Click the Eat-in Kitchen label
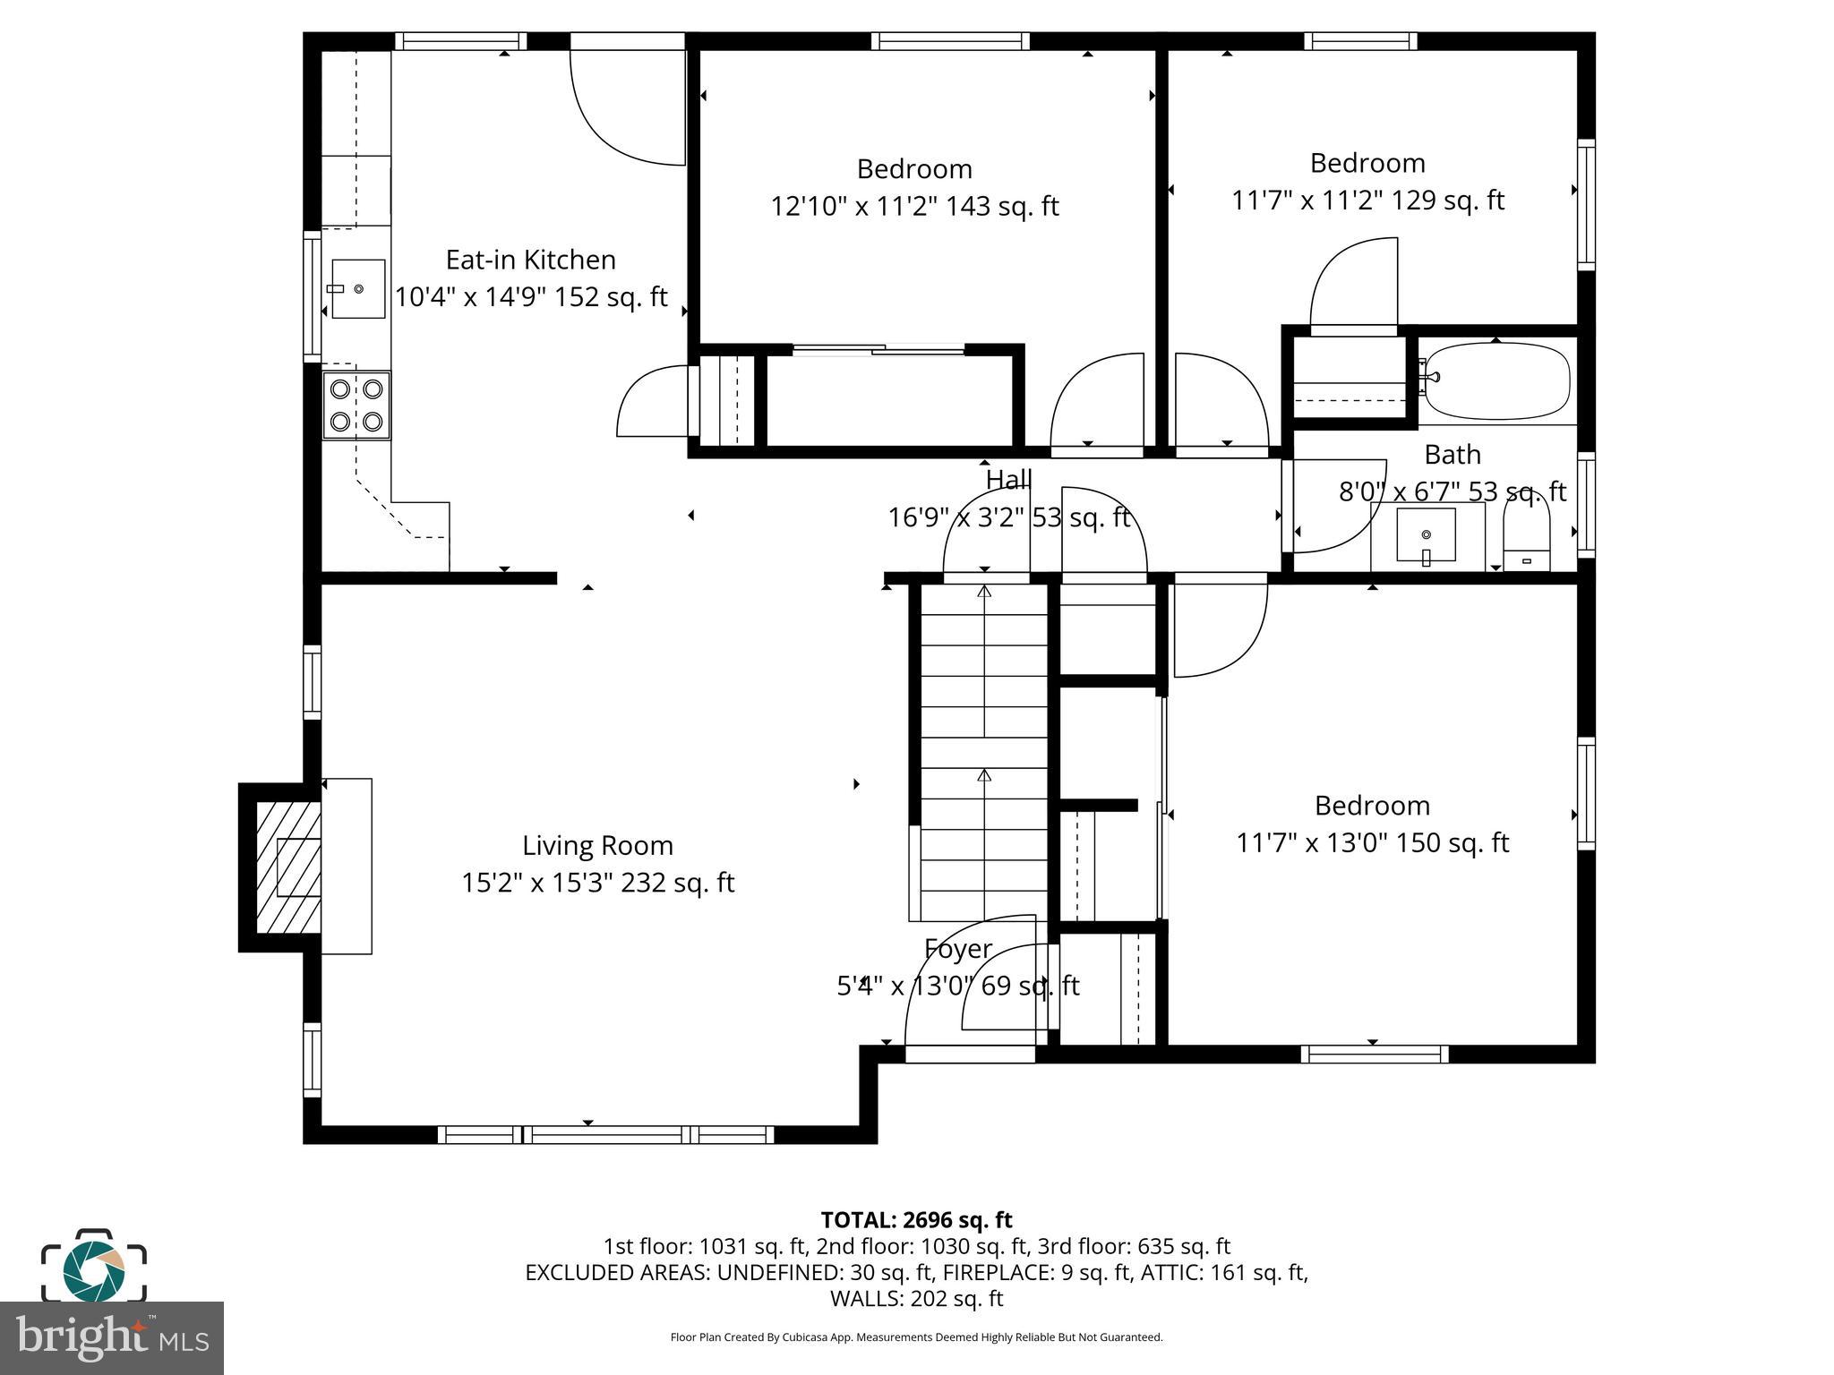531,260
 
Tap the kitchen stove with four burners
356,406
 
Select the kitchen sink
358,288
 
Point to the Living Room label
597,846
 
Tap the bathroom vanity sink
1426,535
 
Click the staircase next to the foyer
984,752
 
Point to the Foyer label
957,949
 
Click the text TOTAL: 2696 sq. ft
916,1220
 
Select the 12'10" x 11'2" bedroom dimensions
914,207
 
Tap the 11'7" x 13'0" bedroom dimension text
1372,843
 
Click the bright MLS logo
112,1337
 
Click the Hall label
1008,481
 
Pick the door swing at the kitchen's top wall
627,106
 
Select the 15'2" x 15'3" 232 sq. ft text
597,884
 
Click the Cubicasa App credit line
916,1337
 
